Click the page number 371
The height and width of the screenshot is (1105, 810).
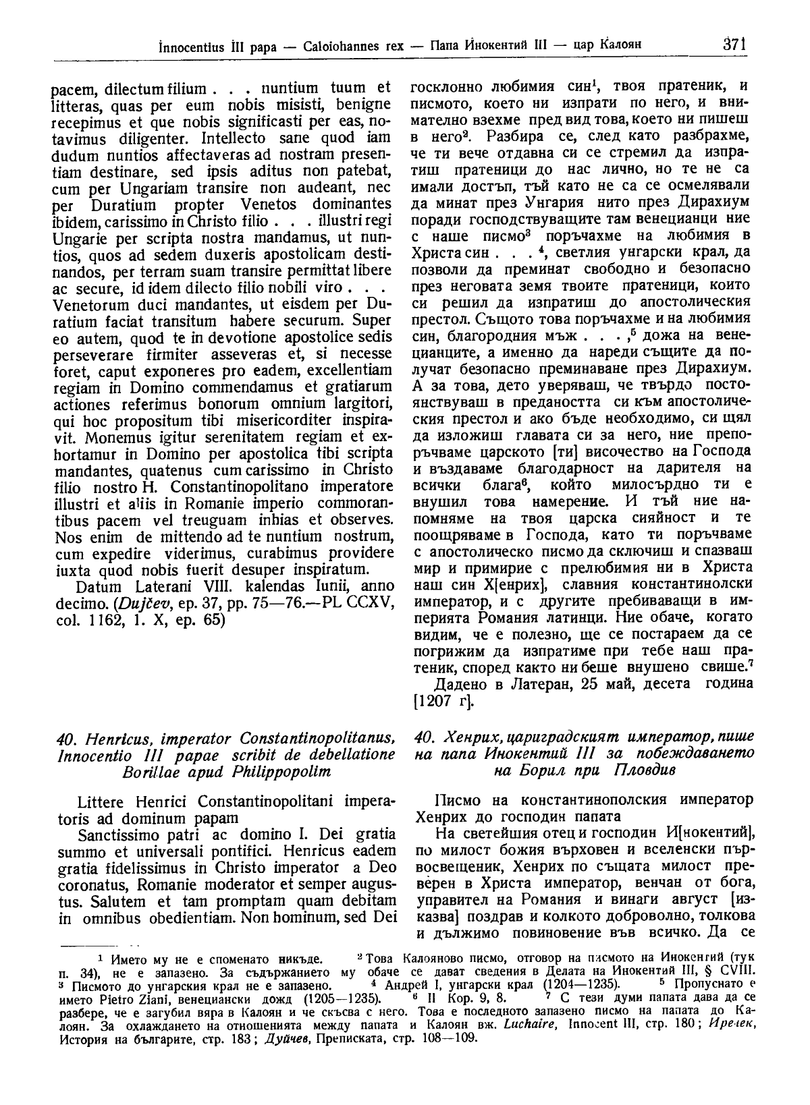pyautogui.click(x=733, y=45)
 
